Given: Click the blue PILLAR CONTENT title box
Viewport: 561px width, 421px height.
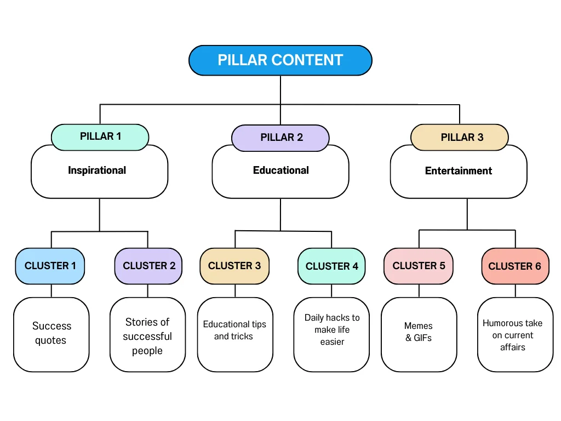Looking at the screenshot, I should (280, 60).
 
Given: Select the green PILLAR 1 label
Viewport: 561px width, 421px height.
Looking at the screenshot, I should (100, 136).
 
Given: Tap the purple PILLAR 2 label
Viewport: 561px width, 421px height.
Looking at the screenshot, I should (281, 138).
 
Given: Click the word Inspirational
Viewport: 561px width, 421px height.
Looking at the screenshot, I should (97, 170).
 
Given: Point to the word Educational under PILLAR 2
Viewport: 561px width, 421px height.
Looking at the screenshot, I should (280, 170).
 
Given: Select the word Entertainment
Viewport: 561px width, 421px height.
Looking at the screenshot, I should (459, 171).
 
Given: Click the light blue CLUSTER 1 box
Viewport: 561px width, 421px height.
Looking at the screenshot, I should (50, 266).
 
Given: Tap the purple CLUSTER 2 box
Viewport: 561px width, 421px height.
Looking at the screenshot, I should (149, 266).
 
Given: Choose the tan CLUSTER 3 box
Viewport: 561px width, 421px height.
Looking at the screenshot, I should (234, 266).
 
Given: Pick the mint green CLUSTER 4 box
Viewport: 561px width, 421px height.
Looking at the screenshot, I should (331, 266).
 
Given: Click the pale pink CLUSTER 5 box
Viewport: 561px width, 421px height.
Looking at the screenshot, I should (419, 266).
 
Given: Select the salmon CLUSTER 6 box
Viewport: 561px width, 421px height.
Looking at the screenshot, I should (514, 266).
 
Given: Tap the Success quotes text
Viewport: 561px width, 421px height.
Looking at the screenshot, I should (51, 333).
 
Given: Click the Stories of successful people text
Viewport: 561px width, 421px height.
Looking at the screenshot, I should (147, 336).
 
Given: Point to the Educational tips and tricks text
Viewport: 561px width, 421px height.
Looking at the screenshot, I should (234, 330).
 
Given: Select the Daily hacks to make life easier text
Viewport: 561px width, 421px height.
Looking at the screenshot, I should (332, 329).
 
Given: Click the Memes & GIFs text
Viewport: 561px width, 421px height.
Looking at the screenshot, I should (419, 332).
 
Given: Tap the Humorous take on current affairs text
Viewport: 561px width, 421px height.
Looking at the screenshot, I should (512, 335).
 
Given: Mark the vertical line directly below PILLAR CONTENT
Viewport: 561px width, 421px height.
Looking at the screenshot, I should (280, 90).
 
